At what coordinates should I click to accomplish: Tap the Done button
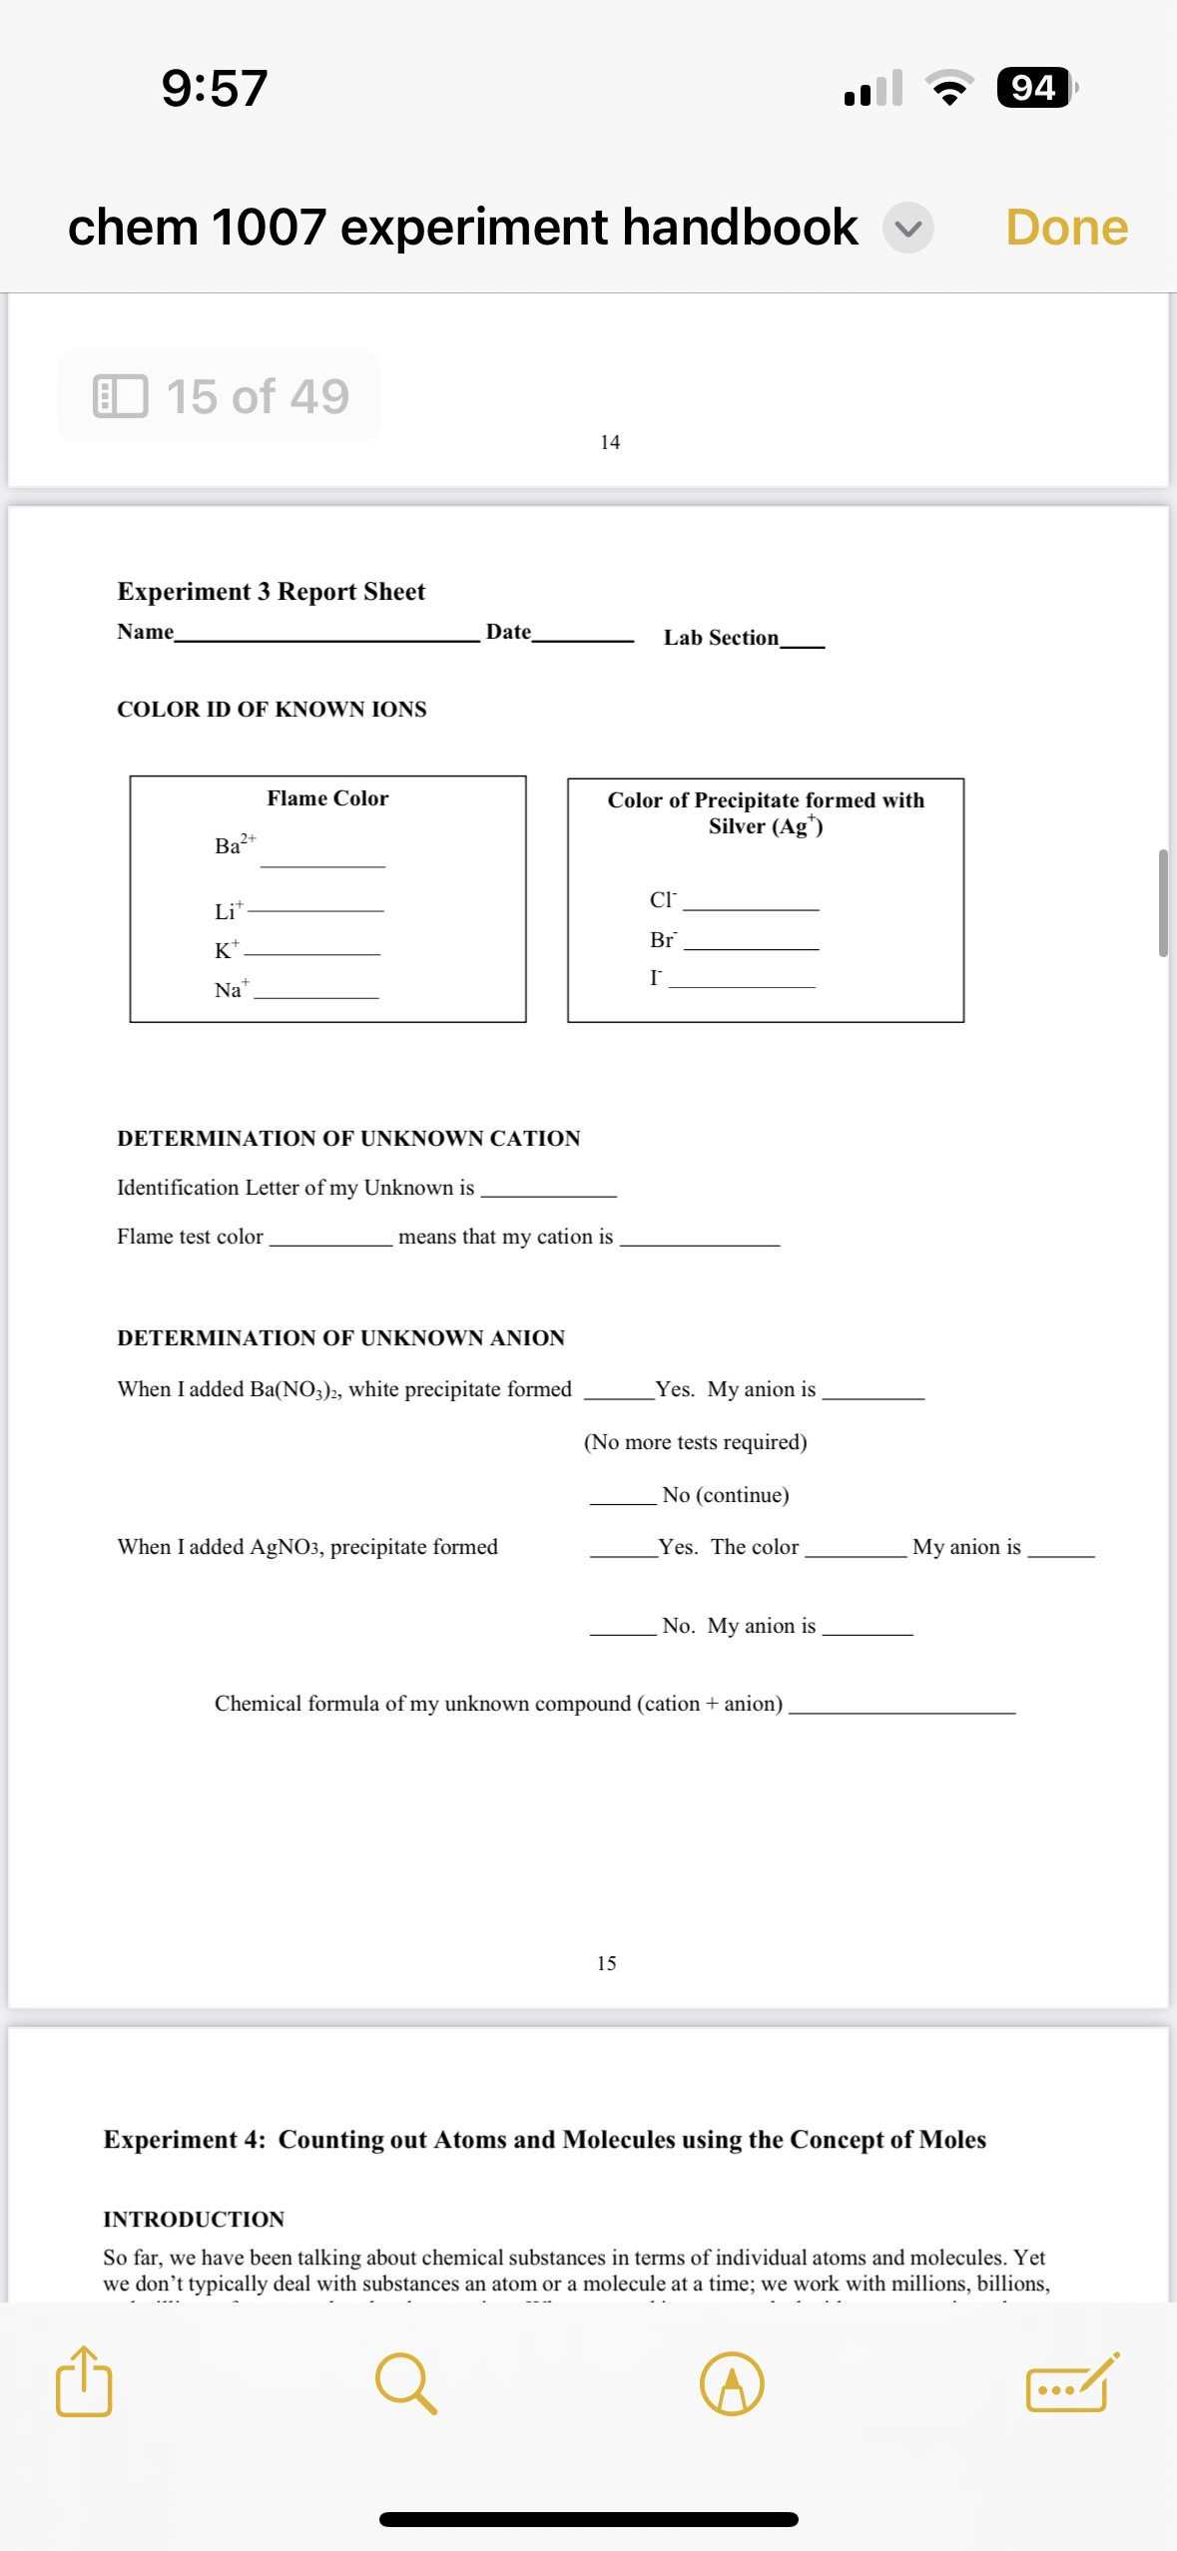pyautogui.click(x=1066, y=228)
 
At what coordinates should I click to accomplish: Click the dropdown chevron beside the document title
pyautogui.click(x=907, y=229)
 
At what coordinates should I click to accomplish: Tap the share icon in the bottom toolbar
pyautogui.click(x=84, y=2382)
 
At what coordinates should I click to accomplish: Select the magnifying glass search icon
pyautogui.click(x=405, y=2383)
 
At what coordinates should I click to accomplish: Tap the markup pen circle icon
pyautogui.click(x=732, y=2383)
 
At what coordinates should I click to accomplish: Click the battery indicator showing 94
pyautogui.click(x=1035, y=88)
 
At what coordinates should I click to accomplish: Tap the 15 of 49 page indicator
pyautogui.click(x=220, y=396)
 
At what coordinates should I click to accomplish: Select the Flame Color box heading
pyautogui.click(x=327, y=798)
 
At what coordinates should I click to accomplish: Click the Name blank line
pyautogui.click(x=326, y=639)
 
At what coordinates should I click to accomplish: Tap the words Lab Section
pyautogui.click(x=721, y=638)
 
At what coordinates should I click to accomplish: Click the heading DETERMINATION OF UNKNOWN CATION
pyautogui.click(x=348, y=1139)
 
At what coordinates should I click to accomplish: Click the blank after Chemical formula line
pyautogui.click(x=901, y=1710)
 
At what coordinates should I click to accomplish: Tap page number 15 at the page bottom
pyautogui.click(x=606, y=1963)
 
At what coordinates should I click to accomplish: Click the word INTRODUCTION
pyautogui.click(x=194, y=2220)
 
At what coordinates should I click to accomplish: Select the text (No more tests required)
pyautogui.click(x=695, y=1442)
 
